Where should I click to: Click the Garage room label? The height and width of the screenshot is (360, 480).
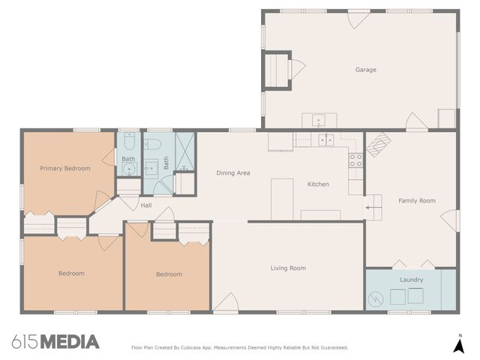pos(365,70)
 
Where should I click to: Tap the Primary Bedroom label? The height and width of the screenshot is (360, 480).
pos(65,169)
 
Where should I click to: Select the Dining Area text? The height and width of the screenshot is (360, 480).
pos(232,173)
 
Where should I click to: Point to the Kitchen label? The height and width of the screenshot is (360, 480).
pos(318,184)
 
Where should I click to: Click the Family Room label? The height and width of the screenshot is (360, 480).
pos(416,200)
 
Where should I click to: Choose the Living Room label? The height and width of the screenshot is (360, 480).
pos(288,268)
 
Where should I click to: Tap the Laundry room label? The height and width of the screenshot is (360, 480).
pos(411,280)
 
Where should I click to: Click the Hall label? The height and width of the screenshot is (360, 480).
pos(145,205)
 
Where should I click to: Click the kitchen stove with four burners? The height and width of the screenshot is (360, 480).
pos(355,160)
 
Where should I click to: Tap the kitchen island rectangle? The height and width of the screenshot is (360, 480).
pos(282,198)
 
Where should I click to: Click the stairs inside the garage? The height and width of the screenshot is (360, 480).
pos(278,70)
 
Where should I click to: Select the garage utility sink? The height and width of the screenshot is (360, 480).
pos(318,120)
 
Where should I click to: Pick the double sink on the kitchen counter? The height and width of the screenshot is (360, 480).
pos(325,139)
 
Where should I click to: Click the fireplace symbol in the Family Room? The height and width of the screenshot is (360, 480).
pos(378,142)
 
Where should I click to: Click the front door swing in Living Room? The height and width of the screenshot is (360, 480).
pos(225,303)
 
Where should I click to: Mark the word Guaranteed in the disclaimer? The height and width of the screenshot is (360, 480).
pos(331,347)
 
